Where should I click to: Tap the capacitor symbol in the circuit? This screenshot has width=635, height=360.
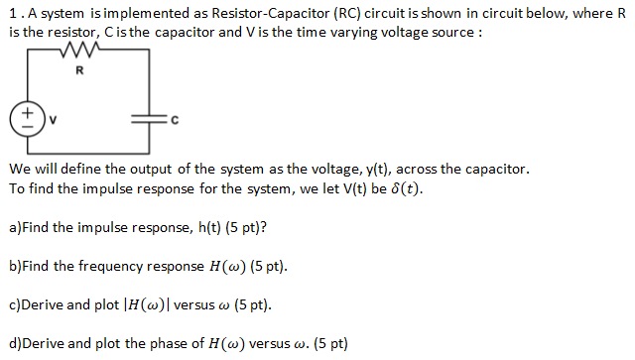(151, 121)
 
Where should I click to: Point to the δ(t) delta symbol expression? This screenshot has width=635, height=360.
(405, 188)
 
